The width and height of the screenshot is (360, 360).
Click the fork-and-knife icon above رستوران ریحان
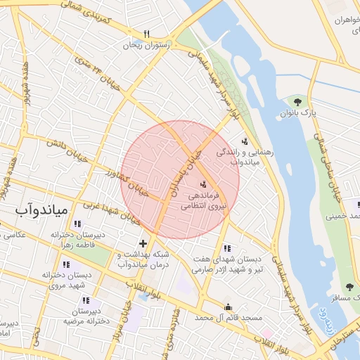[146, 33]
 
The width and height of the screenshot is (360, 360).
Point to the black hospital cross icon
[143, 243]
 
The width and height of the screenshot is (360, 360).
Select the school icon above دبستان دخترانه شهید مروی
[66, 264]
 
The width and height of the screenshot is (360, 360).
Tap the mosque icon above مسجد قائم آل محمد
[227, 307]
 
